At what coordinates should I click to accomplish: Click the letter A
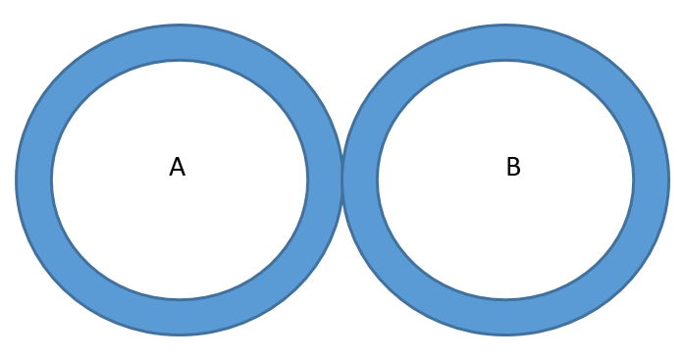(177, 168)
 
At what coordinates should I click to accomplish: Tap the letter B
(512, 168)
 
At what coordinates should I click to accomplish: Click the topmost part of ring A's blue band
(180, 43)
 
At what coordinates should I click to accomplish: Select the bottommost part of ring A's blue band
(180, 317)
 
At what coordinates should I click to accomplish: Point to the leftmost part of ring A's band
(34, 180)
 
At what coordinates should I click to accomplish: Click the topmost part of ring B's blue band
(505, 43)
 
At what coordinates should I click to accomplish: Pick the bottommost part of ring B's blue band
(505, 317)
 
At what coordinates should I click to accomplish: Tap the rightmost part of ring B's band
(651, 180)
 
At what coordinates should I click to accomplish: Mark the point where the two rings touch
(342, 180)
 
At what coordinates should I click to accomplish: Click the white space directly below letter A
(178, 235)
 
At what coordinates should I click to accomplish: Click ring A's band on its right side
(324, 180)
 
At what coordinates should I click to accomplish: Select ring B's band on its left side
(360, 180)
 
